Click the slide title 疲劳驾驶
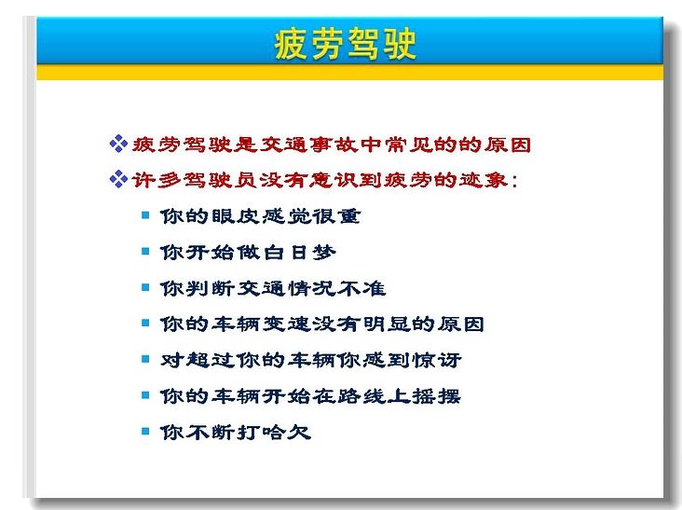pos(345,44)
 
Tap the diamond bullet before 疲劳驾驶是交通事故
pos(118,144)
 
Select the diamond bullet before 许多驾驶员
pos(118,179)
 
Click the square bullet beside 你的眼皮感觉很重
pos(145,215)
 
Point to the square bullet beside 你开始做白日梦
pos(145,251)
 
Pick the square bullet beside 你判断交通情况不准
pos(145,287)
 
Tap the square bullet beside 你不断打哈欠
pos(145,432)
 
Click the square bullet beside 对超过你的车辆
pos(145,359)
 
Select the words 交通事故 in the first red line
pos(309,145)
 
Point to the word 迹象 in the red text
pos(483,180)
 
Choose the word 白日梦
pos(296,252)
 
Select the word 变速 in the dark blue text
pos(285,324)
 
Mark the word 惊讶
pos(437,360)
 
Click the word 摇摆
pos(436,396)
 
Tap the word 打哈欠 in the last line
pos(273,432)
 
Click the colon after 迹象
pos(514,181)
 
